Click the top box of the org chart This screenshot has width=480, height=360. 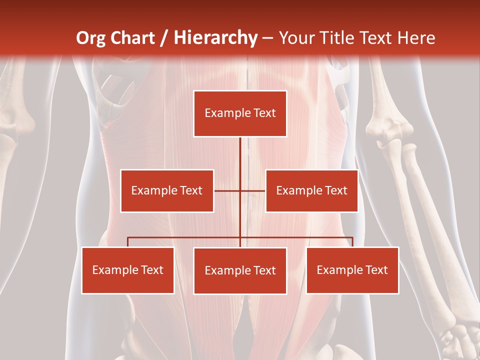240,113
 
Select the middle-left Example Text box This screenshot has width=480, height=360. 167,190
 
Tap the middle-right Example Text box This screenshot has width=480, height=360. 311,190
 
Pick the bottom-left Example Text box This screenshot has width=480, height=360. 128,270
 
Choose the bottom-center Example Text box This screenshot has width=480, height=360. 240,270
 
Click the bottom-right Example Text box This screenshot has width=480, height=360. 352,270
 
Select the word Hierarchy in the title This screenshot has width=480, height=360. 215,38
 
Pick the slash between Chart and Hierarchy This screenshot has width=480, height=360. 164,38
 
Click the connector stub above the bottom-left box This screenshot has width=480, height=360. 128,242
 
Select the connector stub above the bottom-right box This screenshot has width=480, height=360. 352,242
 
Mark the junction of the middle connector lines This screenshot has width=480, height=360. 240,190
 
